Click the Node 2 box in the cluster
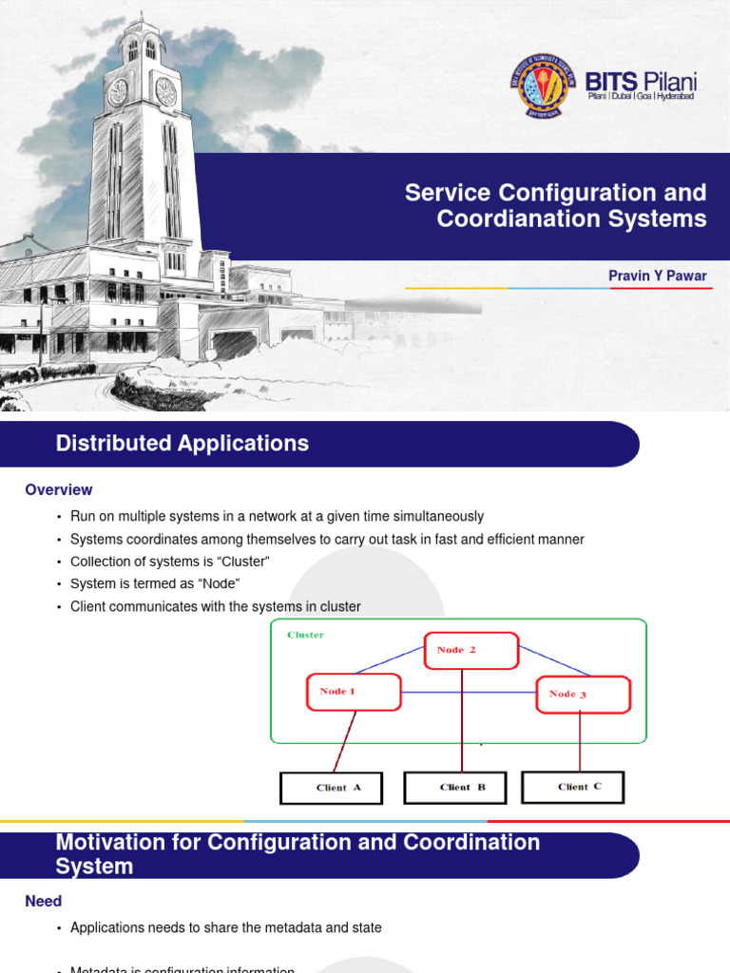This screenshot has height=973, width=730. (471, 651)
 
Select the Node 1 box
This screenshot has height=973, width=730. (354, 692)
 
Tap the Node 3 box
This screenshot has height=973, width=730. (584, 695)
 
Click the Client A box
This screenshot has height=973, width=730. (331, 788)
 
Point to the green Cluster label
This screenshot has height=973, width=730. (305, 635)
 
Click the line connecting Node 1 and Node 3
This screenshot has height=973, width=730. (469, 692)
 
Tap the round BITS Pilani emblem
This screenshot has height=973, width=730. (539, 86)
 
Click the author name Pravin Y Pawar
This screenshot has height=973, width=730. (658, 276)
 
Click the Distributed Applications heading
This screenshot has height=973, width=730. (182, 444)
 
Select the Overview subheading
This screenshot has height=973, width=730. (59, 490)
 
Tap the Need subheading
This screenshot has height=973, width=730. (44, 901)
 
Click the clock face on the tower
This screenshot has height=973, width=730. (165, 91)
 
